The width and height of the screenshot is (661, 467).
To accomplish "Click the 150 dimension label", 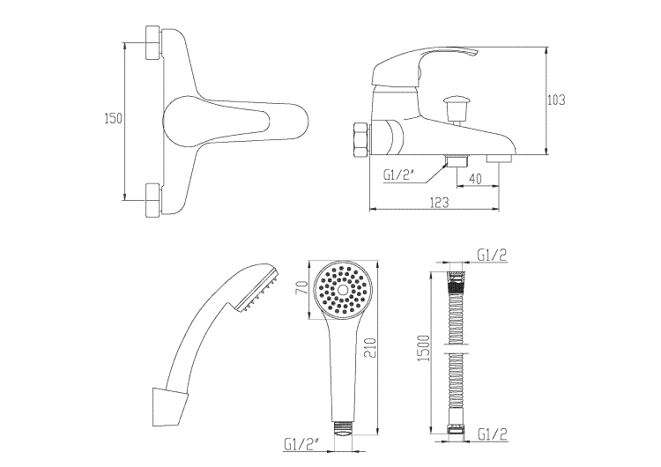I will click(112, 118).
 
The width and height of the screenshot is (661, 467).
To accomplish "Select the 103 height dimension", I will click(555, 100).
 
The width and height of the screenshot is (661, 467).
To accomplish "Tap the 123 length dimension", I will click(440, 203).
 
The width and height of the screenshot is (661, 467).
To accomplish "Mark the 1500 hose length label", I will click(425, 346).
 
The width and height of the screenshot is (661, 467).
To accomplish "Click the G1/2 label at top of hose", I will click(492, 256).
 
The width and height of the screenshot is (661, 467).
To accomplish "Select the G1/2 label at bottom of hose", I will click(492, 433).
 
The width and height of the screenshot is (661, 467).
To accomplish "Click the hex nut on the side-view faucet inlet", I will click(360, 139).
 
